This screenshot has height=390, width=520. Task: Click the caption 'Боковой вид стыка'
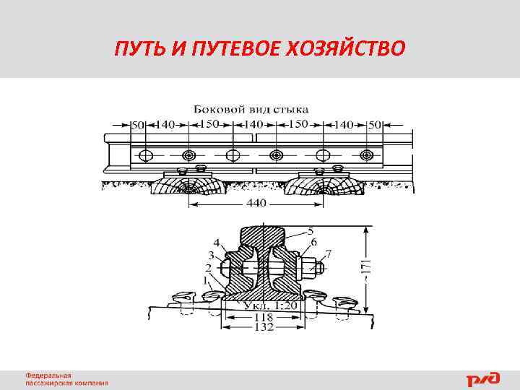(251, 109)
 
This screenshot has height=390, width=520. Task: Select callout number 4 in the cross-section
(217, 242)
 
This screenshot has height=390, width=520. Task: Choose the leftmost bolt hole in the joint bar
(147, 155)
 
